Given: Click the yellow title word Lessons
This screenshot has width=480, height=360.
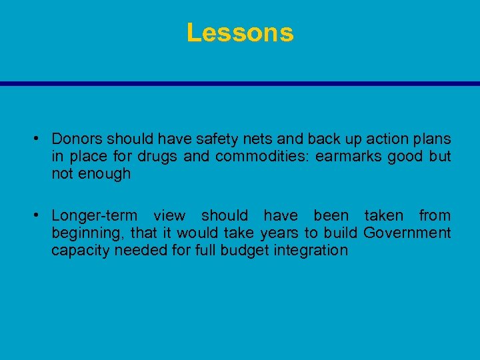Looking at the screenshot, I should pos(240,33).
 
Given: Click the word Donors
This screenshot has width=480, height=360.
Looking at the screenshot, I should pos(77,139).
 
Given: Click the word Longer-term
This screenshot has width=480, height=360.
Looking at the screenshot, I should pos(95,216).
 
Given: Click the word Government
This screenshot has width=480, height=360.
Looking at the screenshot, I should pos(407,233).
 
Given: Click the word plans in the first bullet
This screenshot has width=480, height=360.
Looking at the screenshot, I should pos(433,139).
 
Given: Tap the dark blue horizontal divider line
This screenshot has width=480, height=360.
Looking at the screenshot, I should pos(240,83).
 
